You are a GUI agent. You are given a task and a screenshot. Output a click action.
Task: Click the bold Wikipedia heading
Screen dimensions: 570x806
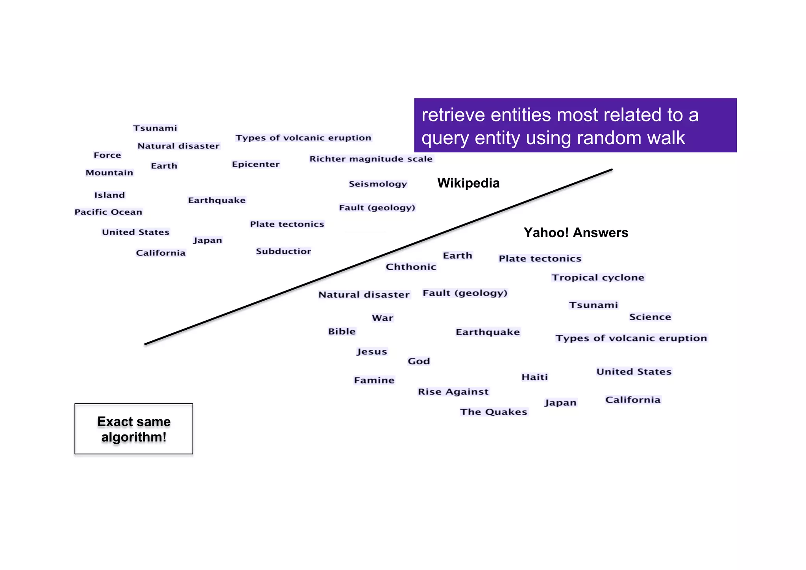pyautogui.click(x=468, y=183)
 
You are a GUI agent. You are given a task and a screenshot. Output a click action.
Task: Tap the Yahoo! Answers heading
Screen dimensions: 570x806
pyautogui.click(x=575, y=233)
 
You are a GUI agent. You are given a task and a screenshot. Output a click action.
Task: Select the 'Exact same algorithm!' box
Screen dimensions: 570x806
pyautogui.click(x=134, y=429)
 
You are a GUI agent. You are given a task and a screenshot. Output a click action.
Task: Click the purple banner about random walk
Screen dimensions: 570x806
pyautogui.click(x=575, y=126)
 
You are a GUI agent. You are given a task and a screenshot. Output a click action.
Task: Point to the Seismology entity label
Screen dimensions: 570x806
pyautogui.click(x=377, y=184)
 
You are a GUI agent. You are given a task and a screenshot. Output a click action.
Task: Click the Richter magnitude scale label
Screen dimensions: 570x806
pyautogui.click(x=371, y=159)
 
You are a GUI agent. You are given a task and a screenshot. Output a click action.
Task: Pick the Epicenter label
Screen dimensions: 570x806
pyautogui.click(x=255, y=164)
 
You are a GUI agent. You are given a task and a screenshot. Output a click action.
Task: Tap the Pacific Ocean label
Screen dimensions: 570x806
pyautogui.click(x=108, y=212)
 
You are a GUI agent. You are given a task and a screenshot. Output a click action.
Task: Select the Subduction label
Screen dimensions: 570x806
pyautogui.click(x=283, y=251)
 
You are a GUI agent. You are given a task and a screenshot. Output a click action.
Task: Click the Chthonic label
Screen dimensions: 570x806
pyautogui.click(x=411, y=267)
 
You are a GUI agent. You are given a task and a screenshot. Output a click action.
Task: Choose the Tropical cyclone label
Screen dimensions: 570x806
pyautogui.click(x=597, y=278)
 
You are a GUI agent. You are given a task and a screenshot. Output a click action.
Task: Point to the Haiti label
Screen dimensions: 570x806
pyautogui.click(x=534, y=377)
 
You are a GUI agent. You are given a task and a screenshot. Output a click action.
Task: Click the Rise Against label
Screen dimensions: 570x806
pyautogui.click(x=453, y=392)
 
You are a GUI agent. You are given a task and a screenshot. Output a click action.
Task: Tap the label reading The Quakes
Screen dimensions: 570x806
pyautogui.click(x=494, y=412)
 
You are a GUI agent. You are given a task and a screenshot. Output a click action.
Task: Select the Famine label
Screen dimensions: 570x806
pyautogui.click(x=374, y=381)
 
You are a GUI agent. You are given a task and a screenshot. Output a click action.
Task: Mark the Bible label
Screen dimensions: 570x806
pyautogui.click(x=342, y=332)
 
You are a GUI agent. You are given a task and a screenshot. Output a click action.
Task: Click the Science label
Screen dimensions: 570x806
pyautogui.click(x=650, y=317)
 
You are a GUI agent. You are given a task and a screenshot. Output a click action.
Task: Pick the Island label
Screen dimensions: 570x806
pyautogui.click(x=109, y=195)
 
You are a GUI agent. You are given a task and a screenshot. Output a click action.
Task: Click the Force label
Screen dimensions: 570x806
pyautogui.click(x=107, y=155)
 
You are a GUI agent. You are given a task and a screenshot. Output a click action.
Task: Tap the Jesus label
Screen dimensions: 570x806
pyautogui.click(x=372, y=351)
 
